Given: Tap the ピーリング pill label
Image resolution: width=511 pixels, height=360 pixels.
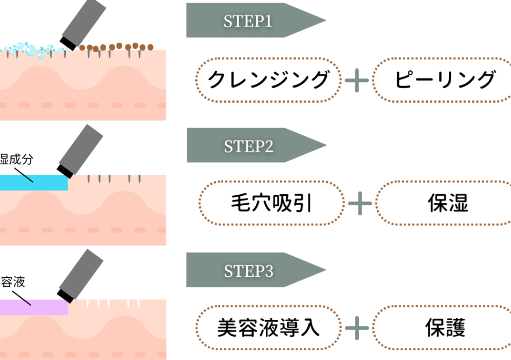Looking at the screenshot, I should (x=444, y=79).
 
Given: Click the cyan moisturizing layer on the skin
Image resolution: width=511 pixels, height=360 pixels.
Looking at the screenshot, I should (x=33, y=182).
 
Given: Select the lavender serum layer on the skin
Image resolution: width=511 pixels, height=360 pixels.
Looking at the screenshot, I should (x=33, y=307).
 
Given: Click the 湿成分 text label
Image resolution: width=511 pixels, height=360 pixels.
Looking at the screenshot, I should (x=17, y=160).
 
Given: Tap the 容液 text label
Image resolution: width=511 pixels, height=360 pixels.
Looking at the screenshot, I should (x=12, y=283).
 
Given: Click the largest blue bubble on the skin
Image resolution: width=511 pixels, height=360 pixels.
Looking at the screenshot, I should (x=31, y=52).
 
